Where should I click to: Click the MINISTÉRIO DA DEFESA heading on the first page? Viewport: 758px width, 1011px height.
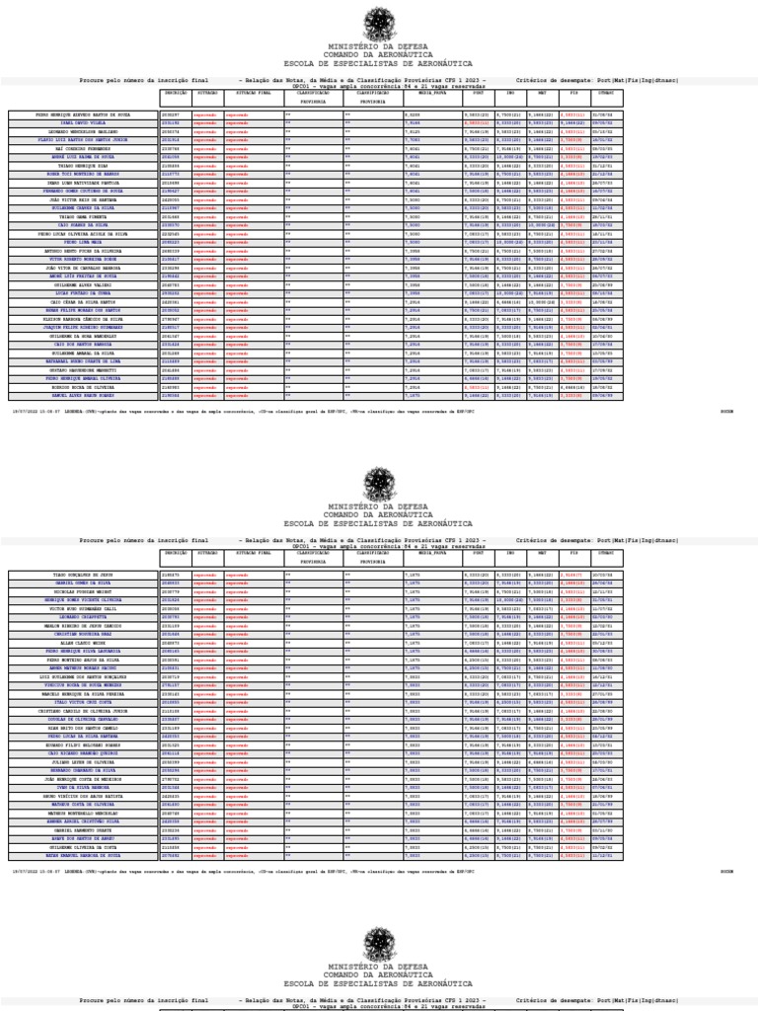(378, 46)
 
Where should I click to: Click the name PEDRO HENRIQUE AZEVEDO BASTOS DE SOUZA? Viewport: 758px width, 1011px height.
(83, 115)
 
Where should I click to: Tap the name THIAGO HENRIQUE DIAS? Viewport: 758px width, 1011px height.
(83, 166)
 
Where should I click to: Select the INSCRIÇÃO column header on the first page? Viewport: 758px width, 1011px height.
(175, 92)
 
